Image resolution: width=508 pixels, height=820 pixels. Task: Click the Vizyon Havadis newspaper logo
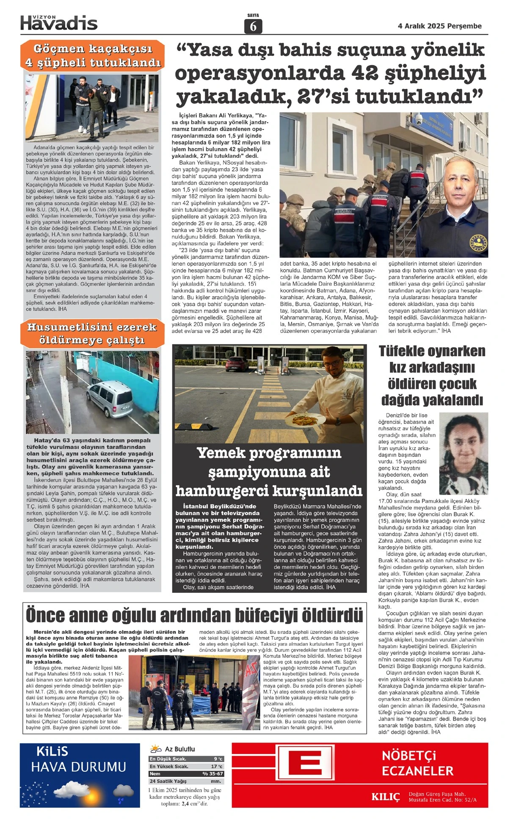coord(59,22)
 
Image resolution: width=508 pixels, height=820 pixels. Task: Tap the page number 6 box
coord(253,26)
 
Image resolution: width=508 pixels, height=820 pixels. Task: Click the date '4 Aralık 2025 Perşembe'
coord(440,26)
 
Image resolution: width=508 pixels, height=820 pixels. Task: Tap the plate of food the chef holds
coord(305,420)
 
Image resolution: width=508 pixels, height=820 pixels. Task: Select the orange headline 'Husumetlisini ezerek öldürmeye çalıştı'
coord(91,333)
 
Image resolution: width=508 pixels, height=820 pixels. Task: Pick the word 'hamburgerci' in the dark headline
coord(222,491)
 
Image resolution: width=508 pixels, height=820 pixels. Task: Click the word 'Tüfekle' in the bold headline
coord(408,351)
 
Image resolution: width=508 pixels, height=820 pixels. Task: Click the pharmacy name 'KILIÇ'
coord(385,797)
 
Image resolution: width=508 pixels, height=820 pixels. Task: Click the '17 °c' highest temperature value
coord(217,766)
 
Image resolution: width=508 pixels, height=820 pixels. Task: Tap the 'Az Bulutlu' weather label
coord(180,749)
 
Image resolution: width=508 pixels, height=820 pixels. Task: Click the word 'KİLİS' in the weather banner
coord(52,751)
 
